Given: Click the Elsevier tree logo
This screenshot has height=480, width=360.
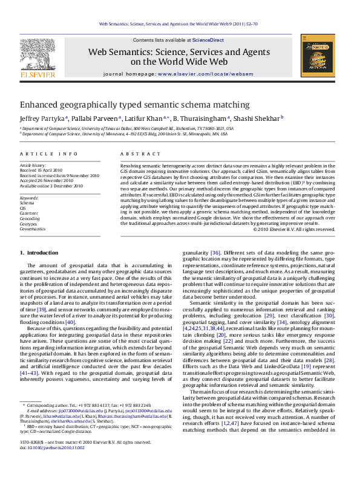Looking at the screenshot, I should pyautogui.click(x=38, y=57).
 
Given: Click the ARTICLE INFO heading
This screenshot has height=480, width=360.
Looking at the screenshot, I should pyautogui.click(x=48, y=155).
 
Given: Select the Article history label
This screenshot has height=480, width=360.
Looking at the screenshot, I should pyautogui.click(x=33, y=165).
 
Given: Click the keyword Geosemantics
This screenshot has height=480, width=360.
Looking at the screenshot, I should pyautogui.click(x=33, y=229).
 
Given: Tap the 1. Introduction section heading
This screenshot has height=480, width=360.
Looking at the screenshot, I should pyautogui.click(x=39, y=252).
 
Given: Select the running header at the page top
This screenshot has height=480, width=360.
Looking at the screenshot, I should pyautogui.click(x=179, y=24).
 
